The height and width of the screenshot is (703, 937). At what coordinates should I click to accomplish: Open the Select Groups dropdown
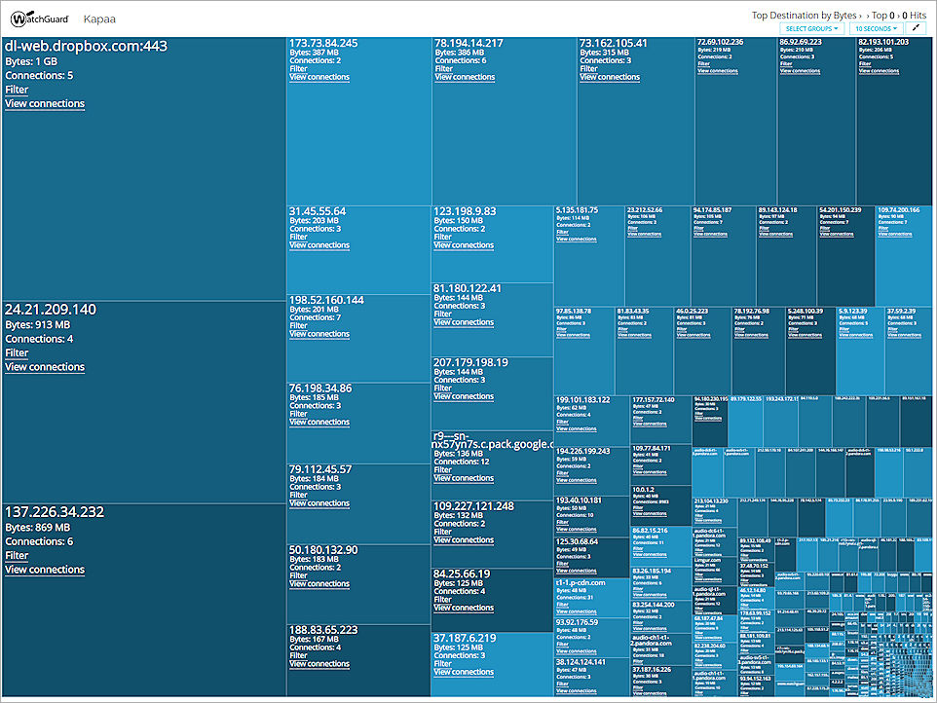[x=811, y=28]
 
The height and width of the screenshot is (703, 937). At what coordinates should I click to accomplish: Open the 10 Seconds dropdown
[x=875, y=28]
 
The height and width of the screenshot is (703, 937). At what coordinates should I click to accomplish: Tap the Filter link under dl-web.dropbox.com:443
[x=17, y=90]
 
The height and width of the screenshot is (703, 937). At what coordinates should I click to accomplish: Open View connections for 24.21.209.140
[x=45, y=367]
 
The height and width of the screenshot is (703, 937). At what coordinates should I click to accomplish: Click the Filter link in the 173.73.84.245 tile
[x=298, y=69]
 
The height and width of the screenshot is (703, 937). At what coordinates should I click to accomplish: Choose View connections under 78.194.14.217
[x=465, y=78]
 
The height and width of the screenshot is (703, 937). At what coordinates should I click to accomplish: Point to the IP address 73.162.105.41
[x=614, y=44]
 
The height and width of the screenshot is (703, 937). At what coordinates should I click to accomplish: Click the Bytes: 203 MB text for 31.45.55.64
[x=314, y=221]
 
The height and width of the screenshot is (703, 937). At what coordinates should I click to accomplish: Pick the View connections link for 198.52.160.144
[x=319, y=334]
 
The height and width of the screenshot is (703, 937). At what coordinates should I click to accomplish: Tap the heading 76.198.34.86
[x=320, y=388]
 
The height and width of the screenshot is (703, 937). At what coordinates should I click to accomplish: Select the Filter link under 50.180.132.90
[x=298, y=575]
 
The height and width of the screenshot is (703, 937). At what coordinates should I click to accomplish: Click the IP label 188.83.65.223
[x=323, y=630]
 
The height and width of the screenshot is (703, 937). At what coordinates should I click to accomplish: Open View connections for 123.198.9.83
[x=465, y=245]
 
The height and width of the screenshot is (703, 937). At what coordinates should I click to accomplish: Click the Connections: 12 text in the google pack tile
[x=463, y=462]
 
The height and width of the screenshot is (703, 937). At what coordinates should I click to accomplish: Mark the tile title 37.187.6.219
[x=465, y=638]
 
